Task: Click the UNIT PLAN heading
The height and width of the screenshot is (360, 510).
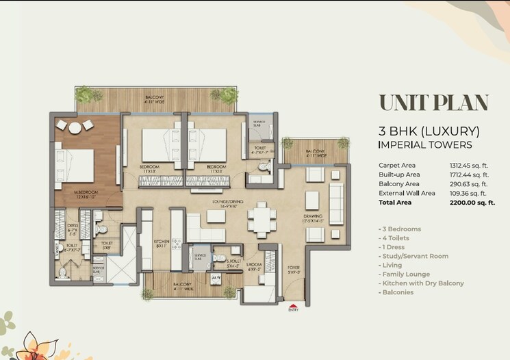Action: tap(433, 103)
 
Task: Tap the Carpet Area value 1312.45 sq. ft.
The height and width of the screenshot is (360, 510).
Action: tap(468, 165)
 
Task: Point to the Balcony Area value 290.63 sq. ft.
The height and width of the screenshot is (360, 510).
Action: tap(469, 184)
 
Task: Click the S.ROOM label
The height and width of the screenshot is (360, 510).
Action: tap(255, 263)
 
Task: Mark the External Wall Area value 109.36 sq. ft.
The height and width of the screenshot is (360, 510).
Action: tap(469, 194)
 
